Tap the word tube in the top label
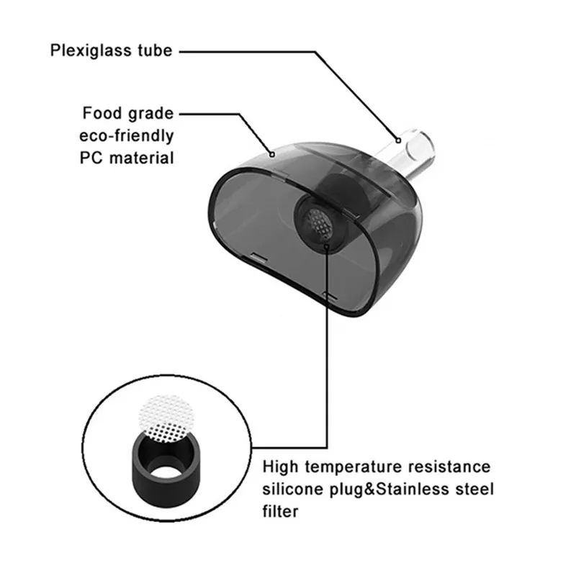(x=154, y=51)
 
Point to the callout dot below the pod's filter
(x=328, y=247)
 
